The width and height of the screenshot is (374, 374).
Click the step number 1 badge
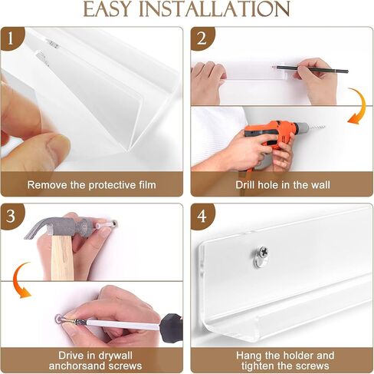(11, 38)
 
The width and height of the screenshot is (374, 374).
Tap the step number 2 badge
(202, 38)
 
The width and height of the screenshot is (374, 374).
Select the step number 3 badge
(11, 216)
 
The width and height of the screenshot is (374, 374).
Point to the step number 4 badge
(202, 216)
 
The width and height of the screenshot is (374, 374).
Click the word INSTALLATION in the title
(214, 9)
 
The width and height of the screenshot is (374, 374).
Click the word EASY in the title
(107, 9)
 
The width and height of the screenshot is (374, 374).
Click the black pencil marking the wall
(310, 69)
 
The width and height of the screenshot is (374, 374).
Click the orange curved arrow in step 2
(359, 105)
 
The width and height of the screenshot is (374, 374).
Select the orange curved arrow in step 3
(20, 280)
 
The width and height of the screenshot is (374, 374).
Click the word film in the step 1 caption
(148, 185)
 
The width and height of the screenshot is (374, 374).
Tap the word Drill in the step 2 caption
(245, 185)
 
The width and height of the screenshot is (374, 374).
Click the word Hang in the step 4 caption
(248, 356)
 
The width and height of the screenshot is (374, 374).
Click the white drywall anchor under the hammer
(104, 225)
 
